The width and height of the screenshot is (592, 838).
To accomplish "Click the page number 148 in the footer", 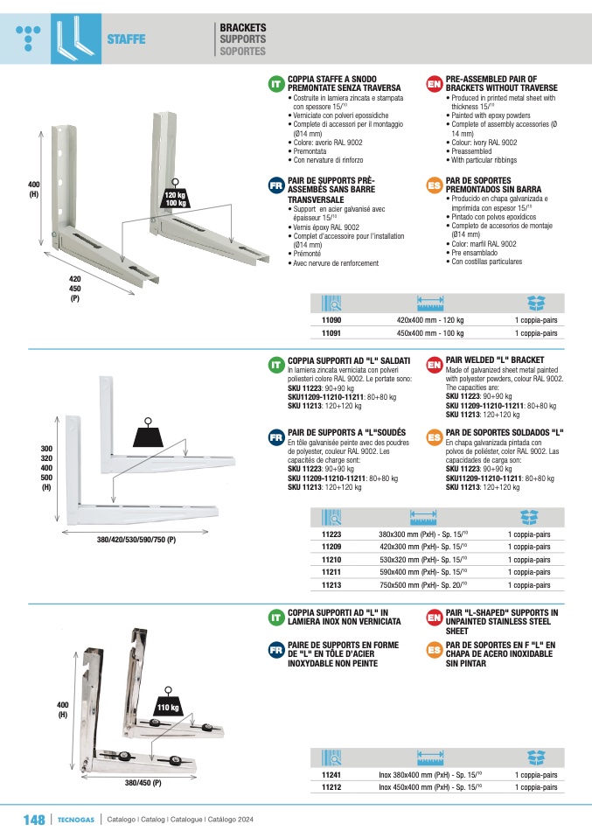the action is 34,820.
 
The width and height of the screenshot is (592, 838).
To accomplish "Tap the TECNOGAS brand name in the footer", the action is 76,820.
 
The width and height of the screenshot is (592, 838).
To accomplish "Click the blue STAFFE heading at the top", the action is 126,39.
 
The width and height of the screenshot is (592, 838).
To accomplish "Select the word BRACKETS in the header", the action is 243,27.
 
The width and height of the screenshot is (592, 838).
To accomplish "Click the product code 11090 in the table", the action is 331,320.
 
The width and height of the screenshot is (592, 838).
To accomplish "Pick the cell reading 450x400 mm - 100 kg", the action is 430,333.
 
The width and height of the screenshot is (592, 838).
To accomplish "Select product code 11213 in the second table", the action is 331,584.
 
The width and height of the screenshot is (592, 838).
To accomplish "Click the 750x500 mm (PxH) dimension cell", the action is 423,584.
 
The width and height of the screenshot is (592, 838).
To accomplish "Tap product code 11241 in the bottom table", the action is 331,774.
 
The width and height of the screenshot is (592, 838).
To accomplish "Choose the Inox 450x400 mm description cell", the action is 430,786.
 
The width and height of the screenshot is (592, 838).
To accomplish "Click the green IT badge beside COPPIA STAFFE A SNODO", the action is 276,84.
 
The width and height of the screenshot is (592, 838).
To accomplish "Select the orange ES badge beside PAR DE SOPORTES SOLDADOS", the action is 435,437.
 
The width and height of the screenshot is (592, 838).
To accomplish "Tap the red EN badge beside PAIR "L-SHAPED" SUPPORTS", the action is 435,618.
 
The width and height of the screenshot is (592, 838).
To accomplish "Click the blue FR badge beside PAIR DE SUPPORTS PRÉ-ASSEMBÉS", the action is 276,185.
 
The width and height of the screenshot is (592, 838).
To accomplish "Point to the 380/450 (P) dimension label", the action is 143,782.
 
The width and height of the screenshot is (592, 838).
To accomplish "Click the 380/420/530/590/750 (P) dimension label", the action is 136,540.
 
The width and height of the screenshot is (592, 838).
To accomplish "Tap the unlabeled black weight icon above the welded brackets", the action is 148,433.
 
